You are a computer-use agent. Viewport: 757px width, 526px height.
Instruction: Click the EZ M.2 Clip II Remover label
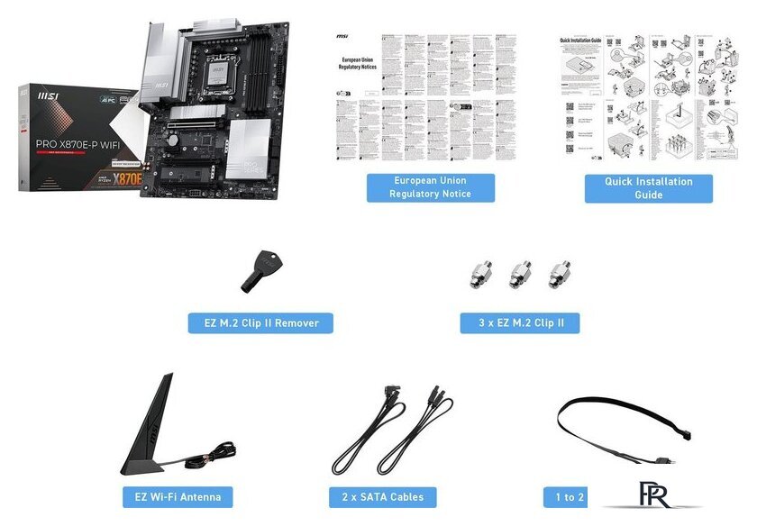(260, 322)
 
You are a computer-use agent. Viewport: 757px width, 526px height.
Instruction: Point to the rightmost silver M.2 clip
(559, 275)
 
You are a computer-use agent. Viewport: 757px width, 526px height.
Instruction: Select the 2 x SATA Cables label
(383, 496)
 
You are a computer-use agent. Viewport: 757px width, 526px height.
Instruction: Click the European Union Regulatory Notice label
(430, 187)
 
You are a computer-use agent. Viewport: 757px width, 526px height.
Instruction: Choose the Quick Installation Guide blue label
(648, 187)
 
